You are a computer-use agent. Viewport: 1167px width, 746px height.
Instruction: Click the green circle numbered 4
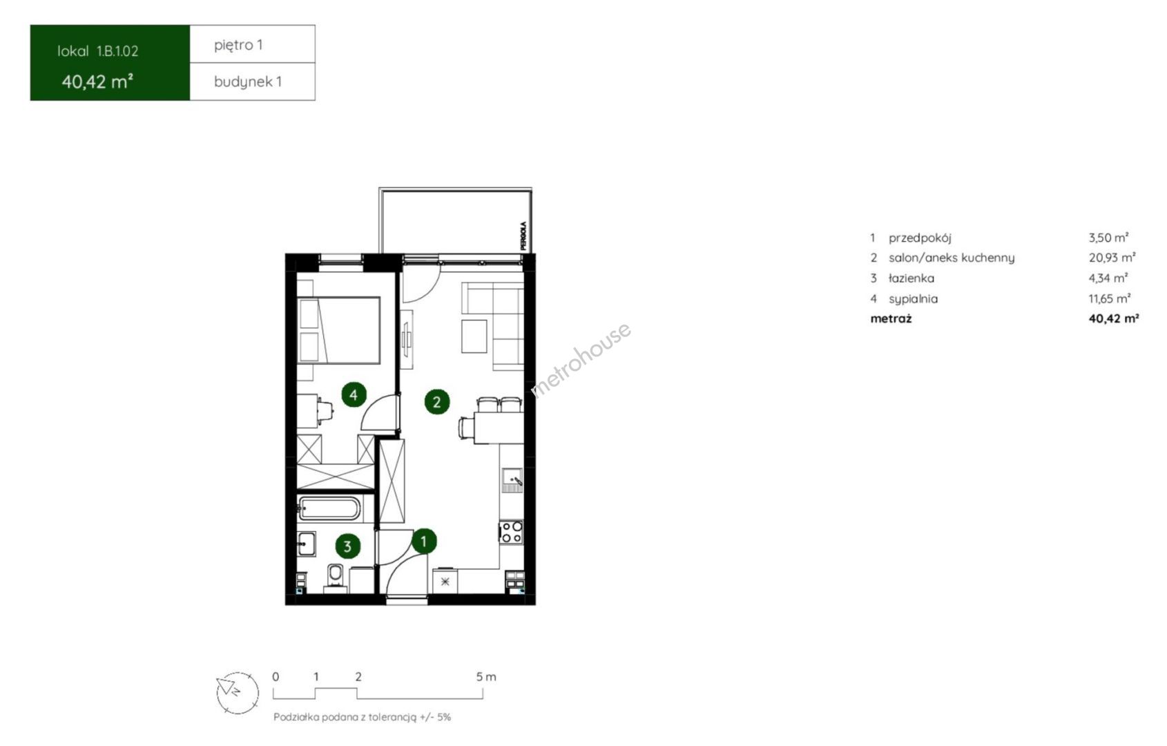coord(354,394)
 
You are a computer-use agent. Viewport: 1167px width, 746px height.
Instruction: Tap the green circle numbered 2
coord(436,402)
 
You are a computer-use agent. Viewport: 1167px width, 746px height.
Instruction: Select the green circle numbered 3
coord(347,546)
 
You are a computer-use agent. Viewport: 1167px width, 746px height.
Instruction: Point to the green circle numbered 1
coord(424,541)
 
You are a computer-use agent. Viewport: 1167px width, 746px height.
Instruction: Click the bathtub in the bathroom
coord(329,509)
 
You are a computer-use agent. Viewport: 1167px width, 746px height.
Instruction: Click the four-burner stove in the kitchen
coord(510,532)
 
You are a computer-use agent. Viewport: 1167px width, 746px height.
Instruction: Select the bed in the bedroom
coord(338,330)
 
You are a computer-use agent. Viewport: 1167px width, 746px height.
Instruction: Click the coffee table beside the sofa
coord(474,336)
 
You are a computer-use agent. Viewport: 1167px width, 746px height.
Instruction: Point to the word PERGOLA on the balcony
coord(523,236)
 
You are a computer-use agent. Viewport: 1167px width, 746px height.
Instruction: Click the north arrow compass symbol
coord(238,693)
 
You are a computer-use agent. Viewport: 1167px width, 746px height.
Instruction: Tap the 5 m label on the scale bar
coord(486,677)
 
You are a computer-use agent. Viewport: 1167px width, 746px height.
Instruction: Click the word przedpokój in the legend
coord(920,238)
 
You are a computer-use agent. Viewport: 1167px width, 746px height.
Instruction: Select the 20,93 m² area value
coord(1112,258)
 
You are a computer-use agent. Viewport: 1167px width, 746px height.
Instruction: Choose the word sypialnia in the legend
coord(914,299)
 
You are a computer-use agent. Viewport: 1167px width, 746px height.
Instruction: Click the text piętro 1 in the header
coord(238,46)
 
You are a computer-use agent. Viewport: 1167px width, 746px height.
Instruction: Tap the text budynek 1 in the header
coord(248,82)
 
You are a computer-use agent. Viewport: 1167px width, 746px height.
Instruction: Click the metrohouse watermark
coord(581,360)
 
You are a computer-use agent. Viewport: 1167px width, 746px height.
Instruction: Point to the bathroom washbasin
coord(307,544)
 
